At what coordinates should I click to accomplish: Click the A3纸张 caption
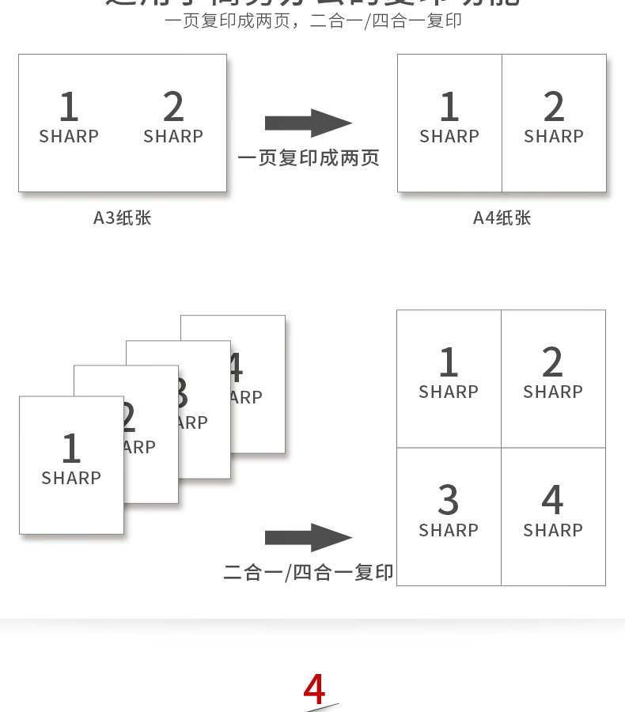coord(122,218)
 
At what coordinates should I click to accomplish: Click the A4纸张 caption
coord(502,218)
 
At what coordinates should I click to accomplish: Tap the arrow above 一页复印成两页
coord(308,123)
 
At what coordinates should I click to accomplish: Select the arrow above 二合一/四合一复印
coord(308,538)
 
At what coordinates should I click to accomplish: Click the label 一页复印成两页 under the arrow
coord(309,158)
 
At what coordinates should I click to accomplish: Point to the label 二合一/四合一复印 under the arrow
coord(309,572)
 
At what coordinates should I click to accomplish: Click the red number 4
coord(314,689)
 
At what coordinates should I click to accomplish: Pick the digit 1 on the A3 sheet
coord(69,108)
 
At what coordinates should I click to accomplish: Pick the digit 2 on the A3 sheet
coord(173,108)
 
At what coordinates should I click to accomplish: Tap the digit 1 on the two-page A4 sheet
coord(449,108)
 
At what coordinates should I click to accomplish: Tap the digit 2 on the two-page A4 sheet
coord(554,108)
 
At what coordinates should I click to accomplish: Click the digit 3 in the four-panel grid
coord(449,501)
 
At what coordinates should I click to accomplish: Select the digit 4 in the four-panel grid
coord(552,501)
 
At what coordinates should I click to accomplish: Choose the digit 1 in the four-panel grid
coord(449,363)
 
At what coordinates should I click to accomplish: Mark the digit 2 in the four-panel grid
coord(552,363)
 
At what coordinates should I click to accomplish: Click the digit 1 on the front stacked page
coord(71,449)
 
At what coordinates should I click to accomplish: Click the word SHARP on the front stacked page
coord(71,478)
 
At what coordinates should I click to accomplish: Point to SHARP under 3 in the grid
coord(449,530)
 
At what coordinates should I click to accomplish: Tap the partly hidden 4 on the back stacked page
coord(235,368)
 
